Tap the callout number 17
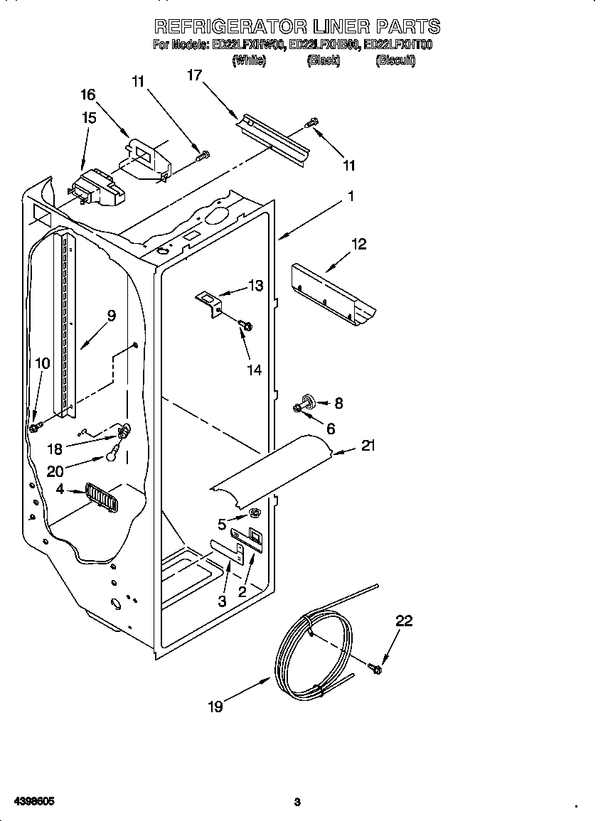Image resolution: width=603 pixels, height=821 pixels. coord(195,74)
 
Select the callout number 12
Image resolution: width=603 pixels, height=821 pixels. coord(359,244)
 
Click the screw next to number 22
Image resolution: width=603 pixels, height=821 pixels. coord(375,667)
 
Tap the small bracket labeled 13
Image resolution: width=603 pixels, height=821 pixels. coord(209,301)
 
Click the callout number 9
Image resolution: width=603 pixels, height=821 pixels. coord(112,316)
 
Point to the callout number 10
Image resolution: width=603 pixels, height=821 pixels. coord(43,363)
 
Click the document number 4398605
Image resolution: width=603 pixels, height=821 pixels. coord(29,801)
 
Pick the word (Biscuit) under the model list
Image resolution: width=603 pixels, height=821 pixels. coord(395,61)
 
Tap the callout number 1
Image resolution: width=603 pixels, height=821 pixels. coord(350,197)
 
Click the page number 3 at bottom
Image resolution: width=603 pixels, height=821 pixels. coord(297,803)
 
